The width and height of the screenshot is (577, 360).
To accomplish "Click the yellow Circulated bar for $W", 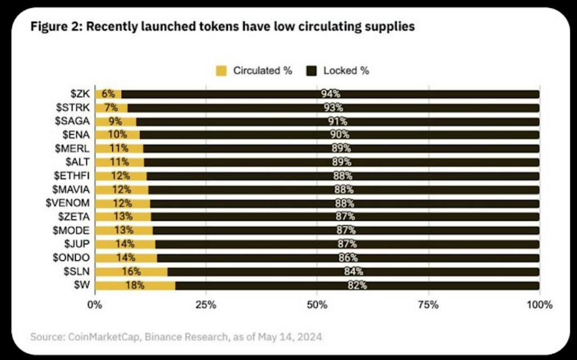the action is point(135,286).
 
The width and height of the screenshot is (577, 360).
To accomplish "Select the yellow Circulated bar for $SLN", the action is point(131,272).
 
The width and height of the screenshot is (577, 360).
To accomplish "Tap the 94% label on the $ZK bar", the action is point(330,94).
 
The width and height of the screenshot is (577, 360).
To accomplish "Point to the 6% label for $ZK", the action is point(108,94).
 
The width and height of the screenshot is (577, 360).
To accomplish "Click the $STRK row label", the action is point(73,108).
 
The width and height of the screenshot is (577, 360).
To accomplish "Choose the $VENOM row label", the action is point(68,203).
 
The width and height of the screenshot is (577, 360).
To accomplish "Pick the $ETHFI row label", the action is point(72,176).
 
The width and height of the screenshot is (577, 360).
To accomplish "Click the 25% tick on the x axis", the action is point(206,305).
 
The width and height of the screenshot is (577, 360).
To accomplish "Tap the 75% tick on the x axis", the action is point(429,305).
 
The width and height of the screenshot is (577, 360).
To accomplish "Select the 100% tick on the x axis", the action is point(539,305).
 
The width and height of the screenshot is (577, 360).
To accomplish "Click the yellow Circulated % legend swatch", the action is point(221,70).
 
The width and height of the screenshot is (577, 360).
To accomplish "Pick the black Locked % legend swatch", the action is point(311,70).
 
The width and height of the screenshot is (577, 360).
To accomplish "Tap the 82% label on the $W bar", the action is point(357,286).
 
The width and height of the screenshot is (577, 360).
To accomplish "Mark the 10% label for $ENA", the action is point(117,135).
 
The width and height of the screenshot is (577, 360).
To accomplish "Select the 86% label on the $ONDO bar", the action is point(348,257).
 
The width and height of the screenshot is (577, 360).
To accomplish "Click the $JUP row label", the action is point(77,244).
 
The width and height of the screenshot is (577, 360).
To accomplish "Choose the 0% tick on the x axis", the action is point(95,305).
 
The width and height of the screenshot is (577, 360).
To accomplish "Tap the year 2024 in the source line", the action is point(309,337).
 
